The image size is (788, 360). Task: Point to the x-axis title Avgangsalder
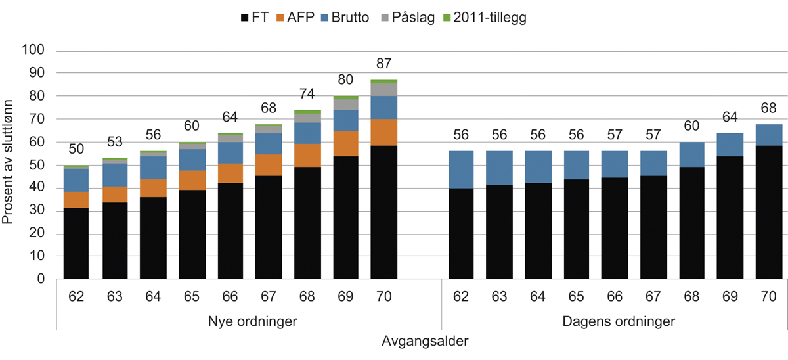(x=424, y=342)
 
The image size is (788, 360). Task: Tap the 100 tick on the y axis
(x=33, y=50)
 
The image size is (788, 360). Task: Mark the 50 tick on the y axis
(x=35, y=165)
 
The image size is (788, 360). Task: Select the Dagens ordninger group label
(x=615, y=322)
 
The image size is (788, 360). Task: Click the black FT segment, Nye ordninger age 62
(x=76, y=243)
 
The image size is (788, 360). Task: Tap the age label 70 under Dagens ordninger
(x=768, y=296)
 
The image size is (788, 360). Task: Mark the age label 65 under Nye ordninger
(x=192, y=296)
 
